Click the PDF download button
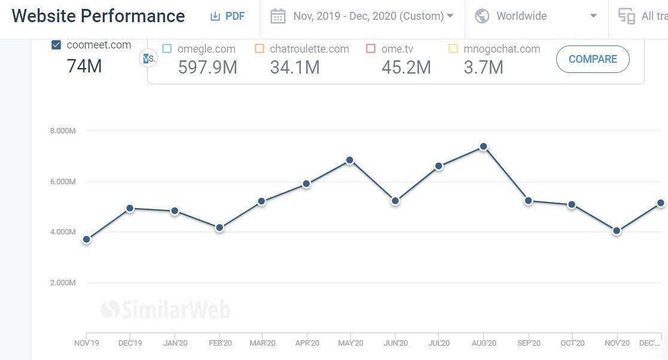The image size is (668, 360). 227,16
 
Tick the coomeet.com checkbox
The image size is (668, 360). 56,45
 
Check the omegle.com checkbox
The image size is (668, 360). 167,48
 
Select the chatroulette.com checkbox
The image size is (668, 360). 260,48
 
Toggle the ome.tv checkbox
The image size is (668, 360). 371,48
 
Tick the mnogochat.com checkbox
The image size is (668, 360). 453,48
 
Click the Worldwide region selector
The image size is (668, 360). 536,16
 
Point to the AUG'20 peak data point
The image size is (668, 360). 483,147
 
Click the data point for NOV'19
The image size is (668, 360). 87,239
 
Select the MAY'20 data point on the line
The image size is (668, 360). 350,160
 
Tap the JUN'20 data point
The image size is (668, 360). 395,201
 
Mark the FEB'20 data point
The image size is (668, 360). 219,227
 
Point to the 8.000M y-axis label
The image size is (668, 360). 63,130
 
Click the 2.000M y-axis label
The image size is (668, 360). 63,282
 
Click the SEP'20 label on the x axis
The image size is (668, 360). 528,343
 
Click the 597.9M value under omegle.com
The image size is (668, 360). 208,68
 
